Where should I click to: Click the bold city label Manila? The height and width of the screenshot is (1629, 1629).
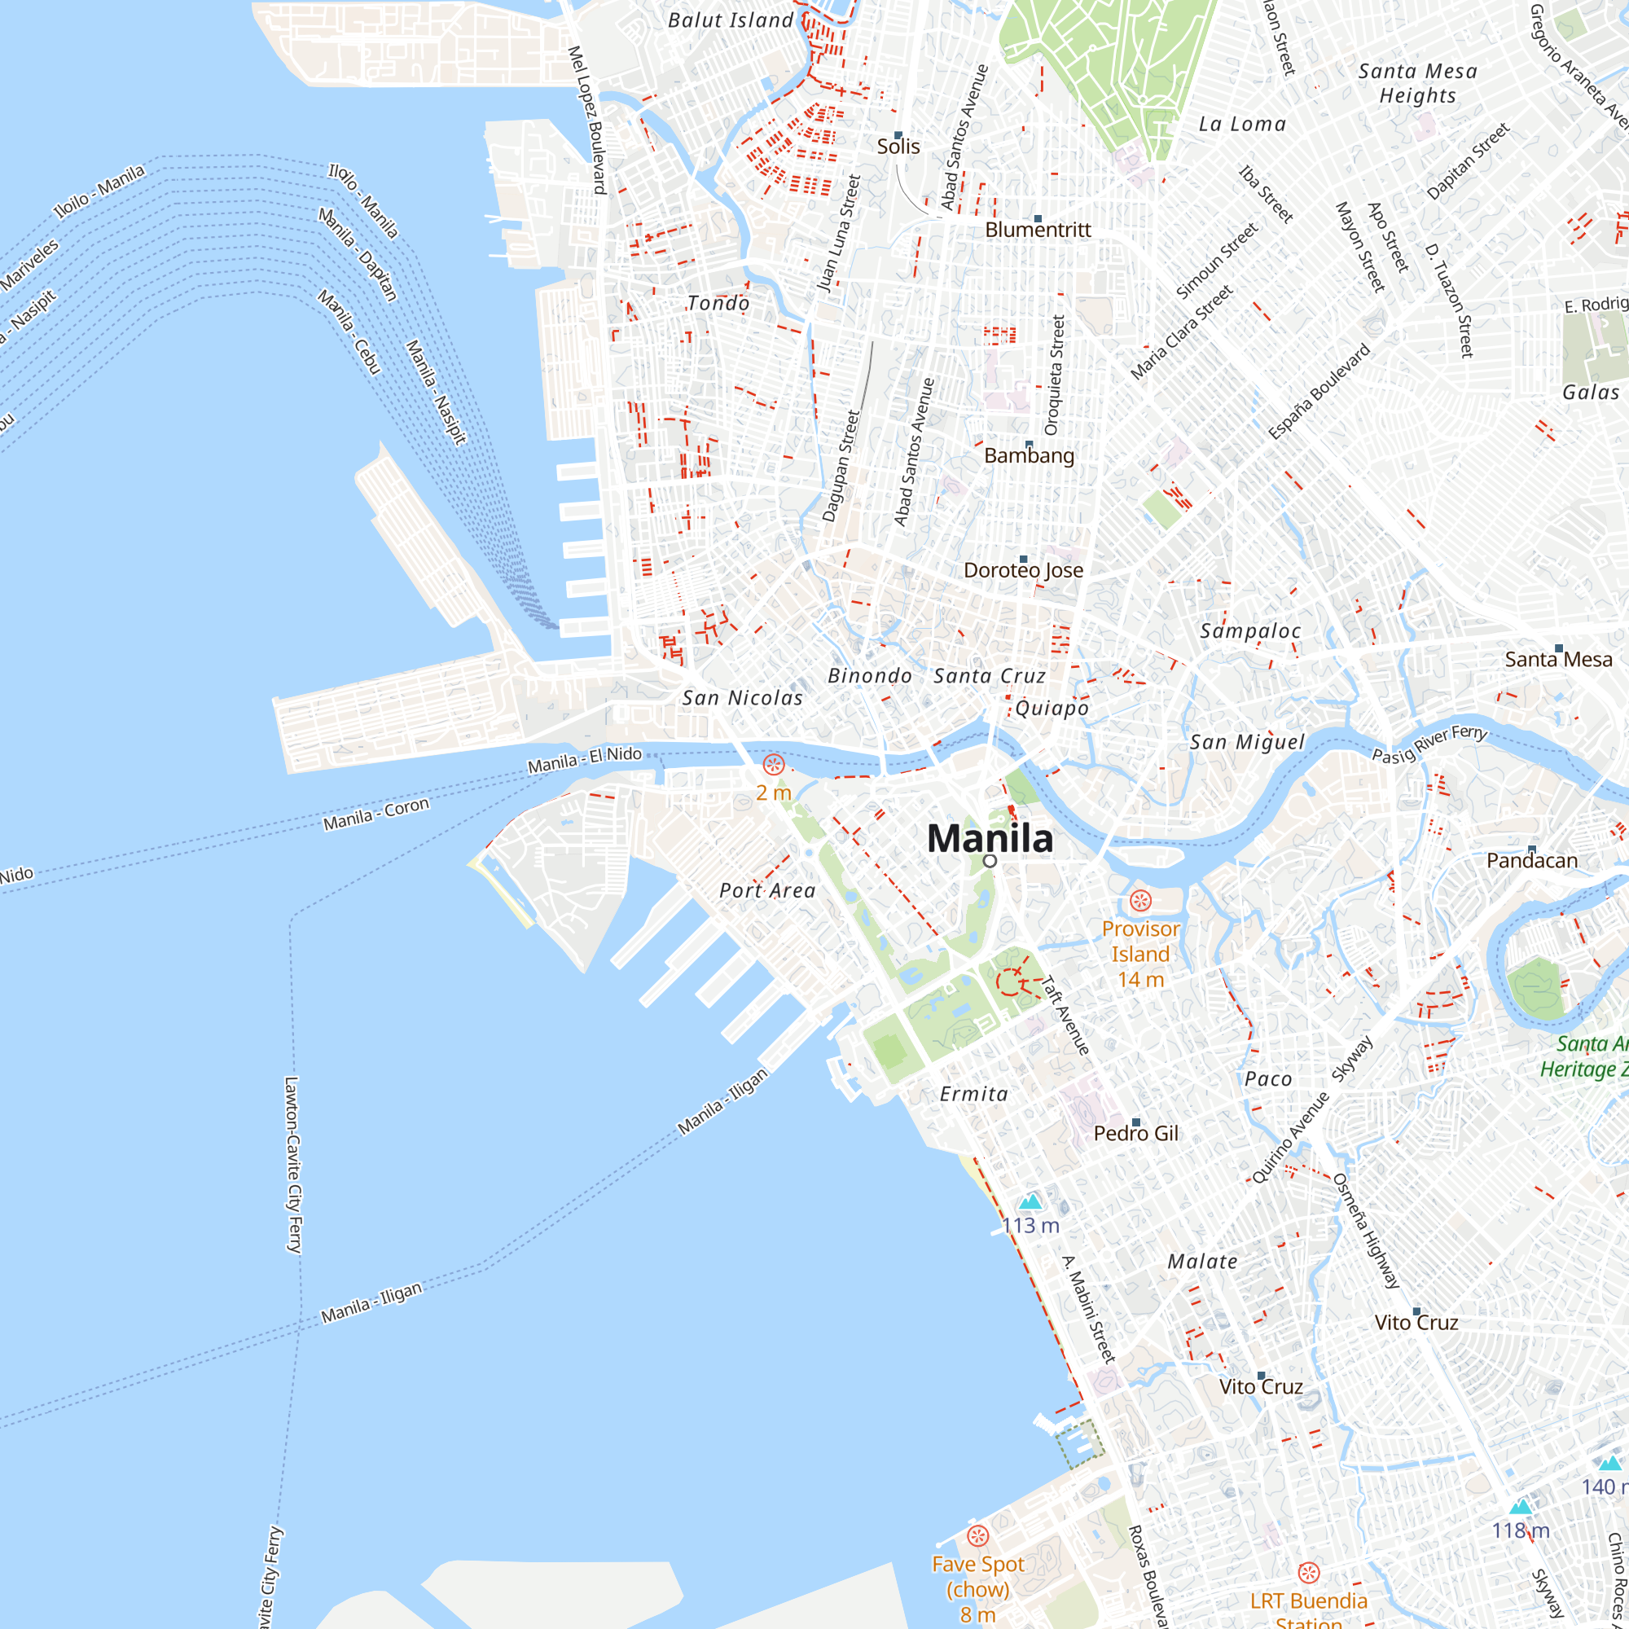pyautogui.click(x=990, y=838)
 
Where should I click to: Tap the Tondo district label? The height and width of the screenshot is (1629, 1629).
pyautogui.click(x=718, y=303)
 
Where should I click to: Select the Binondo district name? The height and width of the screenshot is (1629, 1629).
pyautogui.click(x=869, y=675)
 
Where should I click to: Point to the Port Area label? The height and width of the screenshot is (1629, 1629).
pyautogui.click(x=767, y=890)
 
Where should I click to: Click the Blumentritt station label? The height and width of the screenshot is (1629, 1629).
pyautogui.click(x=1038, y=230)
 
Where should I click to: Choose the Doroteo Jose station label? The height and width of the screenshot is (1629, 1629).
pyautogui.click(x=1024, y=570)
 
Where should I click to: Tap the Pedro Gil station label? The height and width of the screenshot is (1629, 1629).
pyautogui.click(x=1135, y=1133)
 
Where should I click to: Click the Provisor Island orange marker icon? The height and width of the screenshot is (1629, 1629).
pyautogui.click(x=1140, y=901)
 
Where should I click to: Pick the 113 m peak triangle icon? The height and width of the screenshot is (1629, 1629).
pyautogui.click(x=1030, y=1201)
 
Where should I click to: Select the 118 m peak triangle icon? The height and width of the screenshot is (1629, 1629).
pyautogui.click(x=1520, y=1507)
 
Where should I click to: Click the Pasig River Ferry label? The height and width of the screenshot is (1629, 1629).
pyautogui.click(x=1429, y=743)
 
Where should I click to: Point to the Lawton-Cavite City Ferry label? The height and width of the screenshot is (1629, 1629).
pyautogui.click(x=292, y=1165)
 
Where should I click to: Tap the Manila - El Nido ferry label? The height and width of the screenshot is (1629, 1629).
pyautogui.click(x=584, y=760)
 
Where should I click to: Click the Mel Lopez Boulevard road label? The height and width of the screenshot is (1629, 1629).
pyautogui.click(x=588, y=120)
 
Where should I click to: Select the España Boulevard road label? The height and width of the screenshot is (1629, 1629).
pyautogui.click(x=1319, y=391)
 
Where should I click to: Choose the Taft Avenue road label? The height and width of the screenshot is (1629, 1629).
pyautogui.click(x=1067, y=1015)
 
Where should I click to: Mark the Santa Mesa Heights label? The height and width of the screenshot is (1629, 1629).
pyautogui.click(x=1417, y=82)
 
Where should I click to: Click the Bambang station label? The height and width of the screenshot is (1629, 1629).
pyautogui.click(x=1029, y=455)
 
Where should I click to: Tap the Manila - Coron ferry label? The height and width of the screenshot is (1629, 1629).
pyautogui.click(x=376, y=813)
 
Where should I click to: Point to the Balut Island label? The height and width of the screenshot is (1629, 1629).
pyautogui.click(x=730, y=20)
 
